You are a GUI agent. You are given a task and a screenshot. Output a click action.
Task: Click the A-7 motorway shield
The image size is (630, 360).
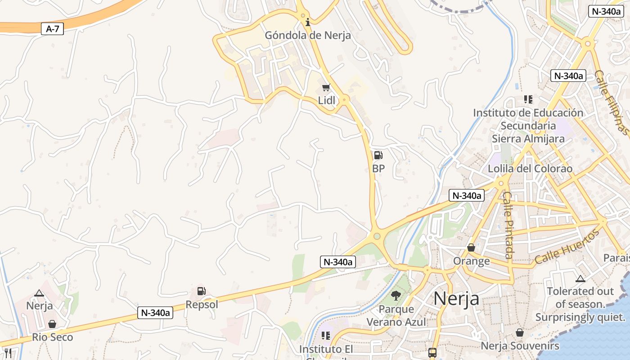53,29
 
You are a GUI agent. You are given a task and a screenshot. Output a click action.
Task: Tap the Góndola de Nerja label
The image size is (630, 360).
308,36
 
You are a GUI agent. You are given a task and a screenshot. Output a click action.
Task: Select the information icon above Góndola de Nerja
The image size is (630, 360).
308,22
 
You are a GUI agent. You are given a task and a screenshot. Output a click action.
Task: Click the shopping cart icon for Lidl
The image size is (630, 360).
326,87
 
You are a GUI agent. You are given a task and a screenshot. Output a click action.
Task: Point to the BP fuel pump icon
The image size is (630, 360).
378,156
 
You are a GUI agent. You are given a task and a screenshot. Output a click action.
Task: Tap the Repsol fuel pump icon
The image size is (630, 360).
202,292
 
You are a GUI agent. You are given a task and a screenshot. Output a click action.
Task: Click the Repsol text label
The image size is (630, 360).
202,305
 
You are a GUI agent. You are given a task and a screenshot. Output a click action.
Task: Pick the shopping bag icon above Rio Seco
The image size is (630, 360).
52,324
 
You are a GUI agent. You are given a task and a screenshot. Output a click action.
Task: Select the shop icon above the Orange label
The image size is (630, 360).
471,247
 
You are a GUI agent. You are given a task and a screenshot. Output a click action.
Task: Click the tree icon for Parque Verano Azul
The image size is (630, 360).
396,296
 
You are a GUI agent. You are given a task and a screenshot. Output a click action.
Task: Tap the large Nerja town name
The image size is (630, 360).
456,298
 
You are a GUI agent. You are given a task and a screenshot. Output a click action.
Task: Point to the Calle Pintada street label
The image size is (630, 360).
508,225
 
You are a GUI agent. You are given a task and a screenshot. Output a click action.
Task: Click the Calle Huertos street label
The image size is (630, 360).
567,247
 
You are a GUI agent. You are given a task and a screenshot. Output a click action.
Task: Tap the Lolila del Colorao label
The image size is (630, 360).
530,169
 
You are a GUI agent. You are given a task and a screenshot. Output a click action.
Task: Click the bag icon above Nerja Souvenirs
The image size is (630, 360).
520,333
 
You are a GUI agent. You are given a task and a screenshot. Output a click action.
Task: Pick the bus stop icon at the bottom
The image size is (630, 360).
432,352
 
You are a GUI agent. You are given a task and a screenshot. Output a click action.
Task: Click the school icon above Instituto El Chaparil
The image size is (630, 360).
326,336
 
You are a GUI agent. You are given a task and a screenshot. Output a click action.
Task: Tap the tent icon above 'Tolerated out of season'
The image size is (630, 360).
580,279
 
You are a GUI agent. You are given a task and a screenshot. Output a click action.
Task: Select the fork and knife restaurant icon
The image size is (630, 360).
8,353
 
